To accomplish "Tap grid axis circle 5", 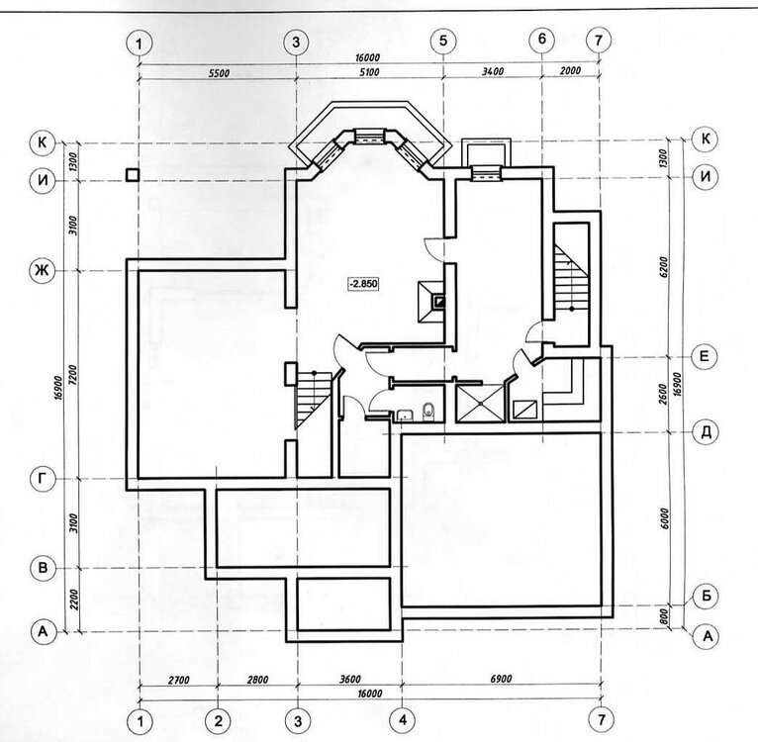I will tap(442, 42).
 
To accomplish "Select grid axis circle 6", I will tap(541, 42).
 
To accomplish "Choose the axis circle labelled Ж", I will tap(42, 270).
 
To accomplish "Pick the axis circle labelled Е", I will tap(704, 356).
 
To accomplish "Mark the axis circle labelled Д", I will tap(704, 431).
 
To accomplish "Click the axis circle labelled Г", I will tap(42, 479).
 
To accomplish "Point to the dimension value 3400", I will tap(492, 72).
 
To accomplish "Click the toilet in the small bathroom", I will tap(426, 410).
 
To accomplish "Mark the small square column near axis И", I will tap(132, 175).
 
